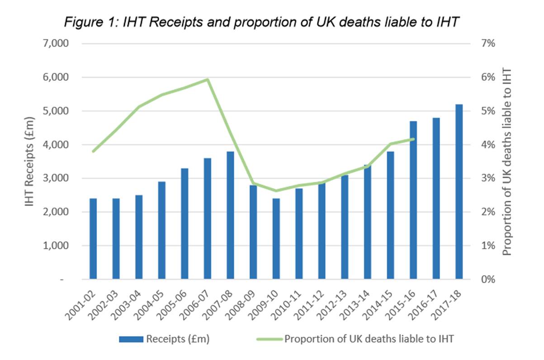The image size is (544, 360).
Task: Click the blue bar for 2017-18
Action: pyautogui.click(x=459, y=192)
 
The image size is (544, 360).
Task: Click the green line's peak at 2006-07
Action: pyautogui.click(x=207, y=80)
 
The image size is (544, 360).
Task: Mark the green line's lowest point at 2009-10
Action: pyautogui.click(x=276, y=191)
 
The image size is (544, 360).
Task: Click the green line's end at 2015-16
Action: pyautogui.click(x=413, y=139)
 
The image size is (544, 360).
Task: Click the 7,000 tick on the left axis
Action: pyautogui.click(x=55, y=44)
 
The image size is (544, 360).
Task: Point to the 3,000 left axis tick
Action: pyautogui.click(x=55, y=178)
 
